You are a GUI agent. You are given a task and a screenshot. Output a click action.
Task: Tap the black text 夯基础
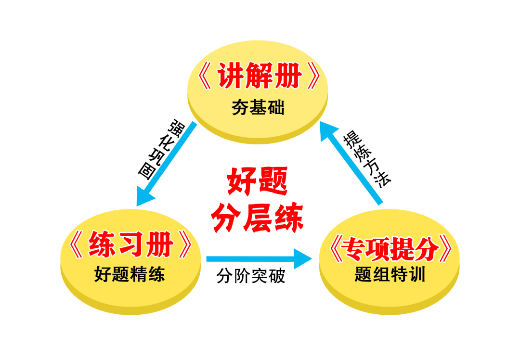(x=258, y=107)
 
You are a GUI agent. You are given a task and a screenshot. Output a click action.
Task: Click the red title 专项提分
(x=390, y=249)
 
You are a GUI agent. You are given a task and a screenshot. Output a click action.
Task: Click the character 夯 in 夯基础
(x=240, y=107)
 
